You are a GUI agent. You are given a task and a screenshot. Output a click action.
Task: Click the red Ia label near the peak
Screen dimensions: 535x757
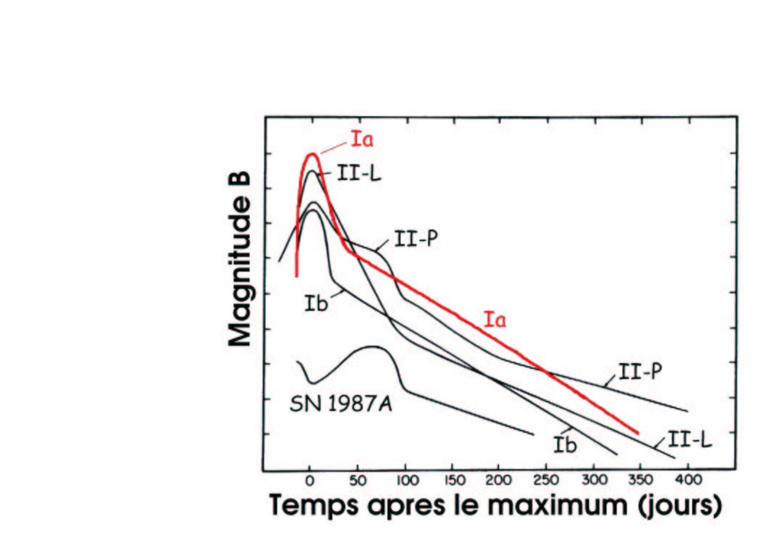coord(362,139)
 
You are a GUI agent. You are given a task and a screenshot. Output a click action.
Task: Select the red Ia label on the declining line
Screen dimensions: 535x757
coord(495,320)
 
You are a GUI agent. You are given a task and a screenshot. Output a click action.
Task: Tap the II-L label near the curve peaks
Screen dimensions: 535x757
coord(359,173)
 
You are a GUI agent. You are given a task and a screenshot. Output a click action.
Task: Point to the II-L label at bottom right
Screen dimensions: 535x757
coord(690,440)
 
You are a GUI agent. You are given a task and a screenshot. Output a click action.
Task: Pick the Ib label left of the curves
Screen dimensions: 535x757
coord(316,304)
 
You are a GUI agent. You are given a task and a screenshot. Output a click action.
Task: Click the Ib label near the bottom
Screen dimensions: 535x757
coord(565,445)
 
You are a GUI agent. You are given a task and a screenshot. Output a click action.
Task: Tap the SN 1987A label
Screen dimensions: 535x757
coord(341,404)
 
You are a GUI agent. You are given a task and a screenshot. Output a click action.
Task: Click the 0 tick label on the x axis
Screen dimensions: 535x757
coord(310,481)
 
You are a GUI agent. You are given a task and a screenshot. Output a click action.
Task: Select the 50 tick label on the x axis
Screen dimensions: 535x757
coord(357,481)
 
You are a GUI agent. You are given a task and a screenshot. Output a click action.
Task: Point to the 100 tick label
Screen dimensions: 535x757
coord(407,481)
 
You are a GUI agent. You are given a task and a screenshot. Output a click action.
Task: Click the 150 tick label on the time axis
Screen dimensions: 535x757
coord(454,481)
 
